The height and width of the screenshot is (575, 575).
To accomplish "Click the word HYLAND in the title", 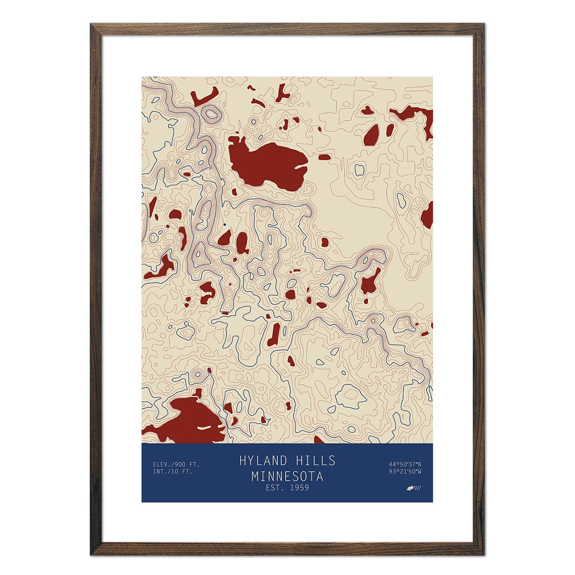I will tap(263, 461).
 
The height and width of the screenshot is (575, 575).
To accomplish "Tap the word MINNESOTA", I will tap(287, 477).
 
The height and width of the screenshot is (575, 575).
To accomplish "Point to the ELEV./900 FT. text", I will tap(176, 464).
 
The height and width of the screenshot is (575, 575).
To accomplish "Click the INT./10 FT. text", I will tap(172, 472).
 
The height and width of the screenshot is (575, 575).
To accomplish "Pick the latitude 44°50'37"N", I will tap(405, 464).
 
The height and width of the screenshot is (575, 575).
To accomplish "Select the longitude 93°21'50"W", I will tap(405, 472).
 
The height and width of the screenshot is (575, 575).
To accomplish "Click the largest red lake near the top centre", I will tap(266, 163).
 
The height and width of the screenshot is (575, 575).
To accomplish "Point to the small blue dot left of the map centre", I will tap(225, 224).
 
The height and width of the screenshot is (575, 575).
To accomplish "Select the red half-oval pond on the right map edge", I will tap(428, 216).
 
